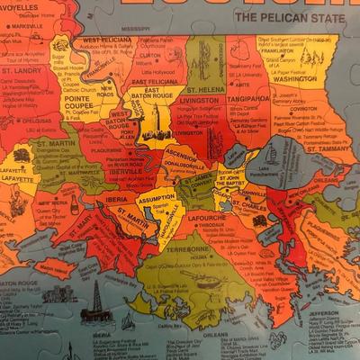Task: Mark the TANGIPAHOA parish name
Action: [249, 98]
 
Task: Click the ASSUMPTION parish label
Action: [157, 196]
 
